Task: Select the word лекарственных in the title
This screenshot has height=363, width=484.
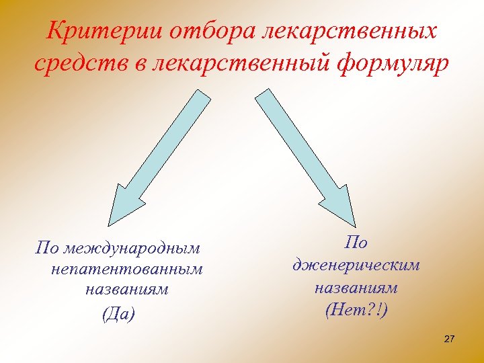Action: [x=352, y=31]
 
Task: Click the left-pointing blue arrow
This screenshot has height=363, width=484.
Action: [x=161, y=158]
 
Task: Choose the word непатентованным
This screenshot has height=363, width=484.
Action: [x=126, y=270]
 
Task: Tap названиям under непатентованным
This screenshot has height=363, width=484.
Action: [x=126, y=290]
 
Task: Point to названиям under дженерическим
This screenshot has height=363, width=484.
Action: [x=356, y=288]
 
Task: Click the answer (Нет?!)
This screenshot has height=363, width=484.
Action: [x=356, y=310]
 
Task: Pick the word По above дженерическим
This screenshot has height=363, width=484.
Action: [x=356, y=243]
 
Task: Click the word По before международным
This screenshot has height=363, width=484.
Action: [x=48, y=249]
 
